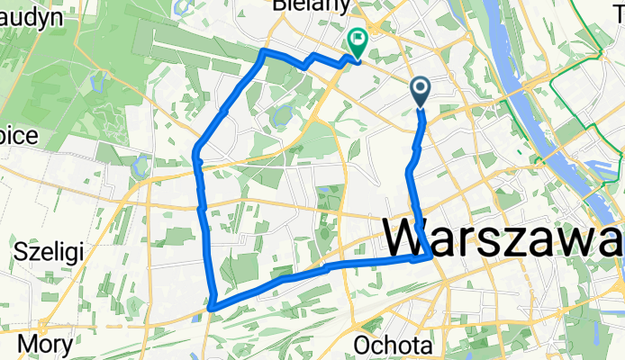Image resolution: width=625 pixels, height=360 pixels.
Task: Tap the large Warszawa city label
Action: pyautogui.click(x=504, y=239)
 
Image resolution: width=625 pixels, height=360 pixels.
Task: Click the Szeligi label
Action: pyautogui.click(x=50, y=250)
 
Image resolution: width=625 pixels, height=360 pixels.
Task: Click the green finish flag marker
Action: pyautogui.click(x=357, y=41)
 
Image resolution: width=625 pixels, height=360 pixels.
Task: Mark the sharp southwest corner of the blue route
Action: pyautogui.click(x=213, y=308)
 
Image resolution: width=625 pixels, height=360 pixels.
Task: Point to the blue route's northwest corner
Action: pyautogui.click(x=262, y=53)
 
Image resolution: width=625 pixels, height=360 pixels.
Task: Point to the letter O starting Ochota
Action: pyautogui.click(x=362, y=346)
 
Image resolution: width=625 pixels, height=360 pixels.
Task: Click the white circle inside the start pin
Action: pyautogui.click(x=421, y=86)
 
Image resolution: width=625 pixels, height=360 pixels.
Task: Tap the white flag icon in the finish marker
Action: pyautogui.click(x=358, y=38)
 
